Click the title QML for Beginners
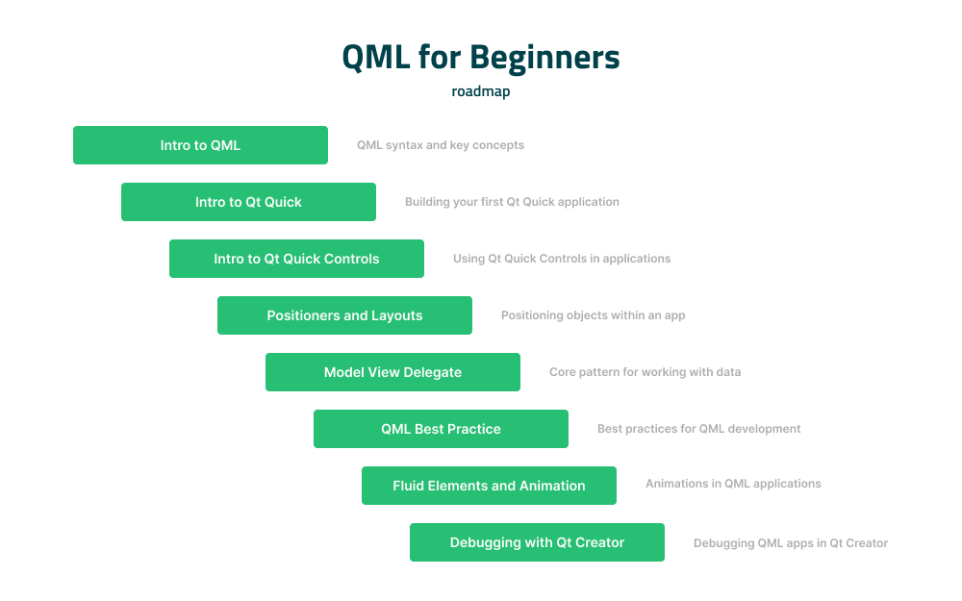click(481, 58)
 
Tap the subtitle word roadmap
click(481, 92)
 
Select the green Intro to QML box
click(200, 145)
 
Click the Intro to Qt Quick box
click(248, 202)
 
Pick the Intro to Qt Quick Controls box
click(296, 259)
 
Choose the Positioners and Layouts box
click(344, 315)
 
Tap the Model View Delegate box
click(392, 372)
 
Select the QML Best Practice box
click(441, 429)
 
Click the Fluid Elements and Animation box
click(489, 486)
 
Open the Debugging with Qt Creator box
click(537, 542)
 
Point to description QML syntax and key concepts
click(441, 145)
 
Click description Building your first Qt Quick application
click(512, 202)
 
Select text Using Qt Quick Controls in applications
click(562, 259)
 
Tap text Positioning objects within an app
click(593, 315)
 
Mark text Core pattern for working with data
click(645, 372)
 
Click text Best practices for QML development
click(698, 429)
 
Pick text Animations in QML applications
click(733, 484)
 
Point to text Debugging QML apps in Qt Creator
click(790, 543)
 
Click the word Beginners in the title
click(545, 58)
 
